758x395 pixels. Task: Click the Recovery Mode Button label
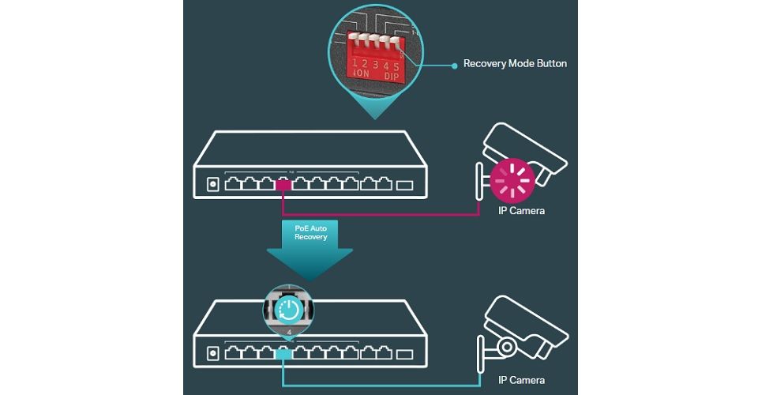click(515, 64)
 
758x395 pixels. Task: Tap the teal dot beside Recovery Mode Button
click(454, 65)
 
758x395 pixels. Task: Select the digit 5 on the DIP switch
click(396, 66)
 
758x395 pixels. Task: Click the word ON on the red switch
click(362, 75)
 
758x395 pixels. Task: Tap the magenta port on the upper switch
click(284, 186)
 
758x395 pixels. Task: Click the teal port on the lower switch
click(284, 355)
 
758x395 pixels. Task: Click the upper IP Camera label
click(522, 211)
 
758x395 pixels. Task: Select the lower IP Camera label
click(522, 380)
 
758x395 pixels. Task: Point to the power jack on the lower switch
click(211, 354)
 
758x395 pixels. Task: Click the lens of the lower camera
click(506, 348)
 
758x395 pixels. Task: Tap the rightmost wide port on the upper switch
click(403, 186)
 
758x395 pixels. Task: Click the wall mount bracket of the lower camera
click(479, 351)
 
